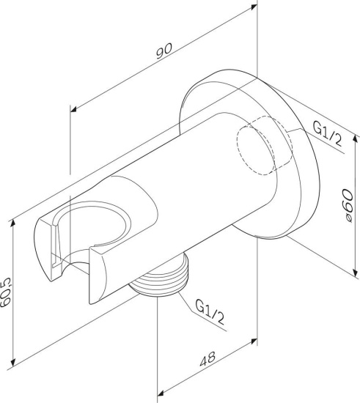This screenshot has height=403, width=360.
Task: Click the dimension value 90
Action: click(x=164, y=51)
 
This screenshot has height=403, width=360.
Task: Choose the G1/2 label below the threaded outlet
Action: click(x=210, y=311)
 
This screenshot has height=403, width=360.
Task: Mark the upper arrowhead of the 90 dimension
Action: click(x=254, y=7)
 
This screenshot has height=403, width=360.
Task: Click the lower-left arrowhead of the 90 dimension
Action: click(x=74, y=109)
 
